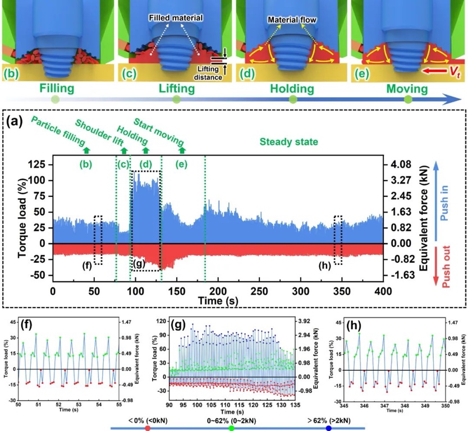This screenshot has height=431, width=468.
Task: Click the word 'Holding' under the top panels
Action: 292,89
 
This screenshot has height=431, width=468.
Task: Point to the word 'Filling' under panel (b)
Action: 55,89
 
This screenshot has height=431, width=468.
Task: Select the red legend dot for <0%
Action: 148,428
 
